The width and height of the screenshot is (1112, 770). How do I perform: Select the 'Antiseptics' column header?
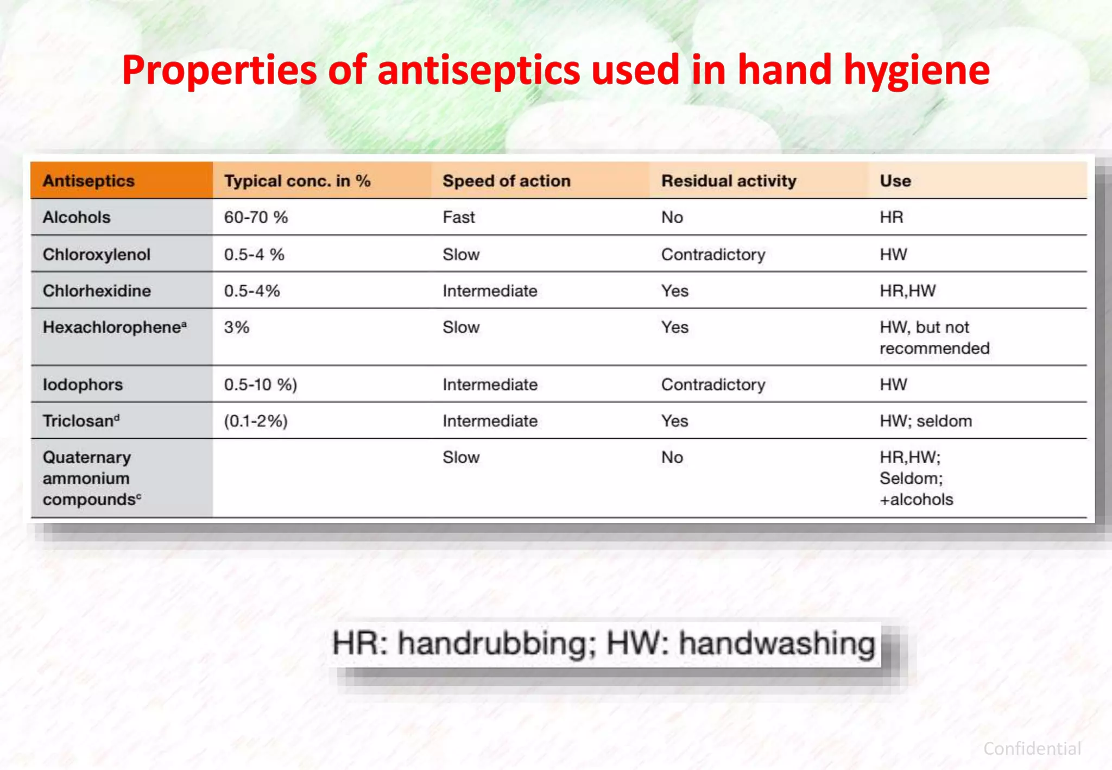pyautogui.click(x=89, y=181)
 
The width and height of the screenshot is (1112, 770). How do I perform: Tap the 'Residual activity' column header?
pyautogui.click(x=728, y=181)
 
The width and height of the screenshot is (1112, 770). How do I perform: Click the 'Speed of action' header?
pyautogui.click(x=506, y=181)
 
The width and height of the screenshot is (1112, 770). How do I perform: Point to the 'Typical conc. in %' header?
pyautogui.click(x=297, y=181)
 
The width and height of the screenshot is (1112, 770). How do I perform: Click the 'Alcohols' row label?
pyautogui.click(x=77, y=217)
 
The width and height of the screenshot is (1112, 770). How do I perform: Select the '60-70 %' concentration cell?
pyautogui.click(x=256, y=217)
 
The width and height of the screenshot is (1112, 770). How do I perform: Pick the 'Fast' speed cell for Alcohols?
pyautogui.click(x=458, y=217)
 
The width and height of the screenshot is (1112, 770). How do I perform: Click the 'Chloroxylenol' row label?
pyautogui.click(x=96, y=254)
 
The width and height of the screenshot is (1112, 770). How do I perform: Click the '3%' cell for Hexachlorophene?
pyautogui.click(x=237, y=327)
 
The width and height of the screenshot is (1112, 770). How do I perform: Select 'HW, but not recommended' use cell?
pyautogui.click(x=934, y=338)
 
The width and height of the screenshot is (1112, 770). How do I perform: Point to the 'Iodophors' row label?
pyautogui.click(x=83, y=384)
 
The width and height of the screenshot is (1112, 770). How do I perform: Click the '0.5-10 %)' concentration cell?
pyautogui.click(x=261, y=384)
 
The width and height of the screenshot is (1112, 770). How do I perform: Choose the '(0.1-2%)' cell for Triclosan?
pyautogui.click(x=256, y=421)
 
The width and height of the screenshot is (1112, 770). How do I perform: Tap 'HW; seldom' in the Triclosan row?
pyautogui.click(x=925, y=421)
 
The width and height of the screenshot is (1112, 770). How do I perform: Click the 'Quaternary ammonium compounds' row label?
pyautogui.click(x=87, y=478)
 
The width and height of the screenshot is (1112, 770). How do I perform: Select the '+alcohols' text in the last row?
pyautogui.click(x=916, y=500)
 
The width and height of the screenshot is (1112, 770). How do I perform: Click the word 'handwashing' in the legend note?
pyautogui.click(x=776, y=643)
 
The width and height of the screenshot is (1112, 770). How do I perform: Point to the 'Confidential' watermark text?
pyautogui.click(x=1032, y=749)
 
